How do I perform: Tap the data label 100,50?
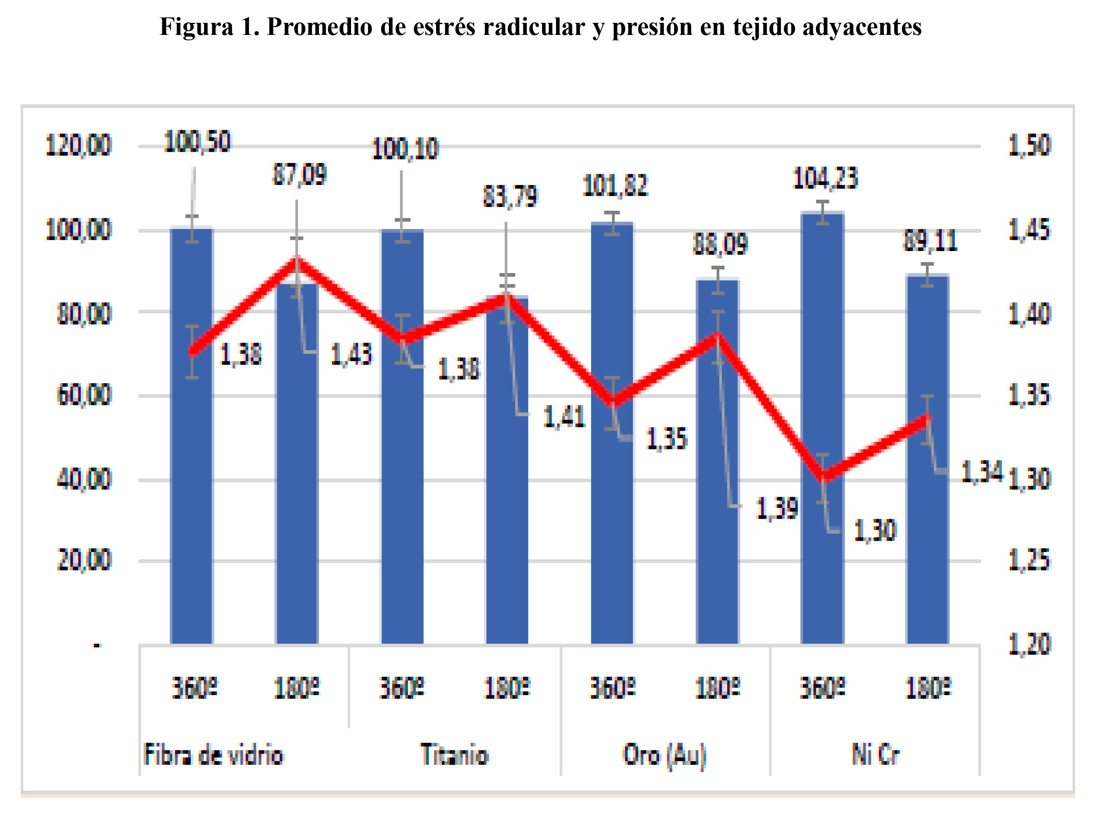click(197, 142)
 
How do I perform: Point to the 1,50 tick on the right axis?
click(1029, 145)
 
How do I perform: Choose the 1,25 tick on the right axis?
click(1029, 560)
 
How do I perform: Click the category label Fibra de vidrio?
click(213, 755)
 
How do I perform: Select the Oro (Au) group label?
click(664, 755)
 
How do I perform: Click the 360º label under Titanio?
click(402, 688)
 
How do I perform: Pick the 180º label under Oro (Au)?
click(717, 688)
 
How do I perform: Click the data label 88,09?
click(720, 244)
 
